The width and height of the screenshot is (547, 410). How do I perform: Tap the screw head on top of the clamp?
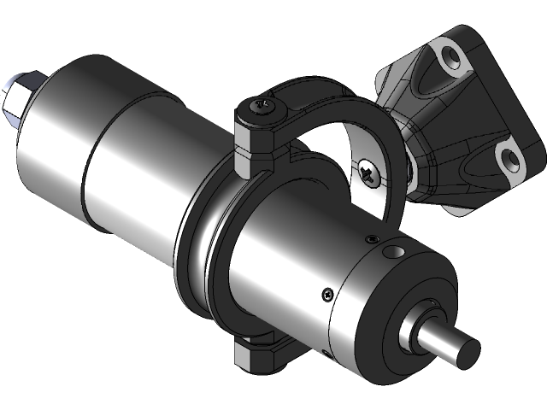point(262,108)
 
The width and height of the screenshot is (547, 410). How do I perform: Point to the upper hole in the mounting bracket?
point(448,59)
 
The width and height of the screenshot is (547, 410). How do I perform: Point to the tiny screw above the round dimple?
point(373,237)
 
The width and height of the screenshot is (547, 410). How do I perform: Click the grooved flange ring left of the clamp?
point(197,256)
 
